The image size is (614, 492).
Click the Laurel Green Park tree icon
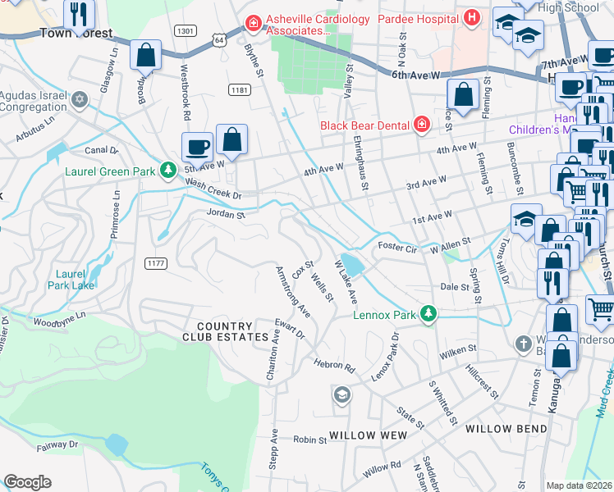coord(167,171)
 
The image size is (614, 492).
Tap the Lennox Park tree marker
coord(427,314)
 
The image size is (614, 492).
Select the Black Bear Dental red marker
coord(421,125)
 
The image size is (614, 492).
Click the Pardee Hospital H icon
coord(471,17)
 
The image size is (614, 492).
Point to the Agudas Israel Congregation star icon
coord(80,99)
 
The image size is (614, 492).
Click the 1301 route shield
coord(185,30)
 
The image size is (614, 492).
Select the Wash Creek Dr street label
coord(213,189)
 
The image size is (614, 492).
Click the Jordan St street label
coord(226,215)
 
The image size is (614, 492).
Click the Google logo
coord(27,482)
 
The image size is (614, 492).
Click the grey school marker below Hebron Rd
coord(341,396)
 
